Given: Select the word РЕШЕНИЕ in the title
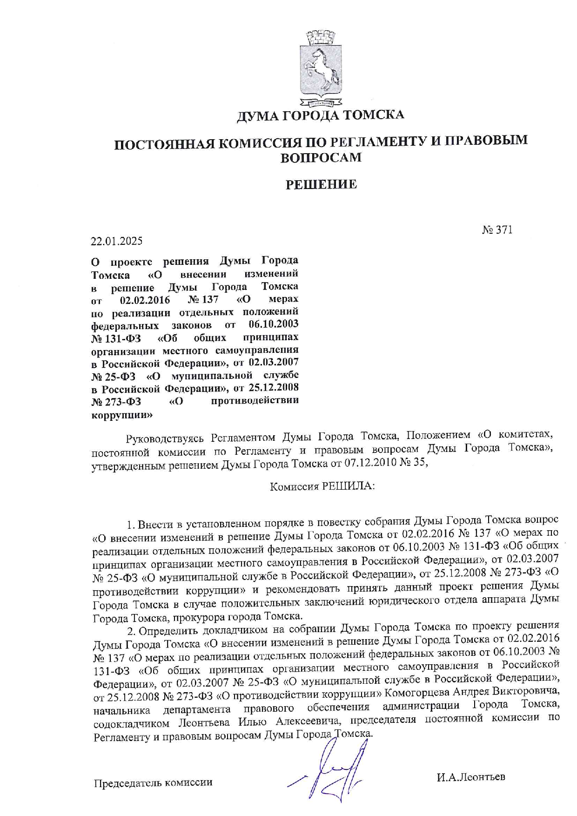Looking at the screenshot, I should click(x=321, y=185).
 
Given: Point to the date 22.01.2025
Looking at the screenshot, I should click(x=117, y=241).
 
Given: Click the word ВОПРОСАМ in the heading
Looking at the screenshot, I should click(x=321, y=157).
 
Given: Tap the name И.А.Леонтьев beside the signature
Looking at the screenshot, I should click(x=471, y=777).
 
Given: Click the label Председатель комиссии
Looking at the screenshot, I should click(x=153, y=782).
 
